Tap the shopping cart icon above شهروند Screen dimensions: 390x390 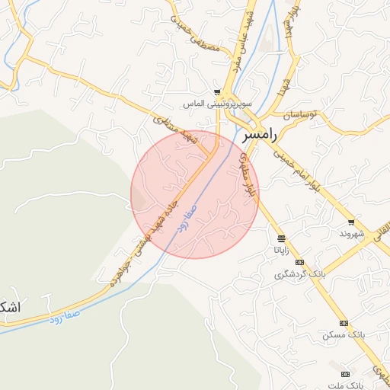click(351, 222)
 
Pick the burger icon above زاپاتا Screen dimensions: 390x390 click(281, 238)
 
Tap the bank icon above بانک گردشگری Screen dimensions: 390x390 click(300, 262)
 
